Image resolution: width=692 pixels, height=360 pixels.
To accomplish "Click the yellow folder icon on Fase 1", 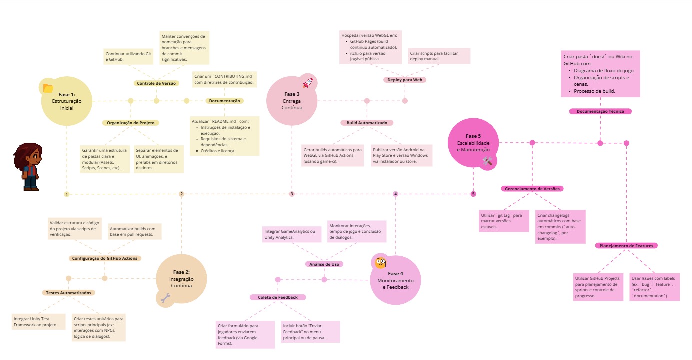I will point(48,88).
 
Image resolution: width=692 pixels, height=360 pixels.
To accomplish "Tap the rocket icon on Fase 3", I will point(308,83).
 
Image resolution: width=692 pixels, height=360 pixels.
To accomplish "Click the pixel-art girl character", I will point(30,167).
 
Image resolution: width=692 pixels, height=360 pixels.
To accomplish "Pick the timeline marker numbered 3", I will point(292,194).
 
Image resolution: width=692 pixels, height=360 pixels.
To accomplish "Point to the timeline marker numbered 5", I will point(473,194).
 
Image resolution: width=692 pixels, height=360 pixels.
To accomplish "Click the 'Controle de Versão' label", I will point(156,83).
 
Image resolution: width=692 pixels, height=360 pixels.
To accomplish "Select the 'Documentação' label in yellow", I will point(224,101).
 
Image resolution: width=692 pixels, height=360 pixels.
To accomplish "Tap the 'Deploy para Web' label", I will point(405,80).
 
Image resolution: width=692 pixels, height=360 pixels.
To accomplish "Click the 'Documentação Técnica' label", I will point(600,111).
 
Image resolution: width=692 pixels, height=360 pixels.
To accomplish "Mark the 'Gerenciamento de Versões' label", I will point(532,189).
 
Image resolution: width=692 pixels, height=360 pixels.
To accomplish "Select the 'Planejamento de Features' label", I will point(626,246).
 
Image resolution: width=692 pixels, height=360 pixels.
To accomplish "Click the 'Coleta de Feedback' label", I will point(277,297).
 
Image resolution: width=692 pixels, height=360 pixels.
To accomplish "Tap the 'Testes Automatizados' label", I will point(69,293).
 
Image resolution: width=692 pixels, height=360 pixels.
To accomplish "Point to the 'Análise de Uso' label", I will point(324,264).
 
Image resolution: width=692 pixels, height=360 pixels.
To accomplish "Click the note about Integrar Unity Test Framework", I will point(39,321).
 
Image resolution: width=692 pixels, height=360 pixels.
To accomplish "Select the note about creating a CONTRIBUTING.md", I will point(224,79).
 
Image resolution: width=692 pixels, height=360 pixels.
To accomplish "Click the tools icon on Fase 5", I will point(488,161).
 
